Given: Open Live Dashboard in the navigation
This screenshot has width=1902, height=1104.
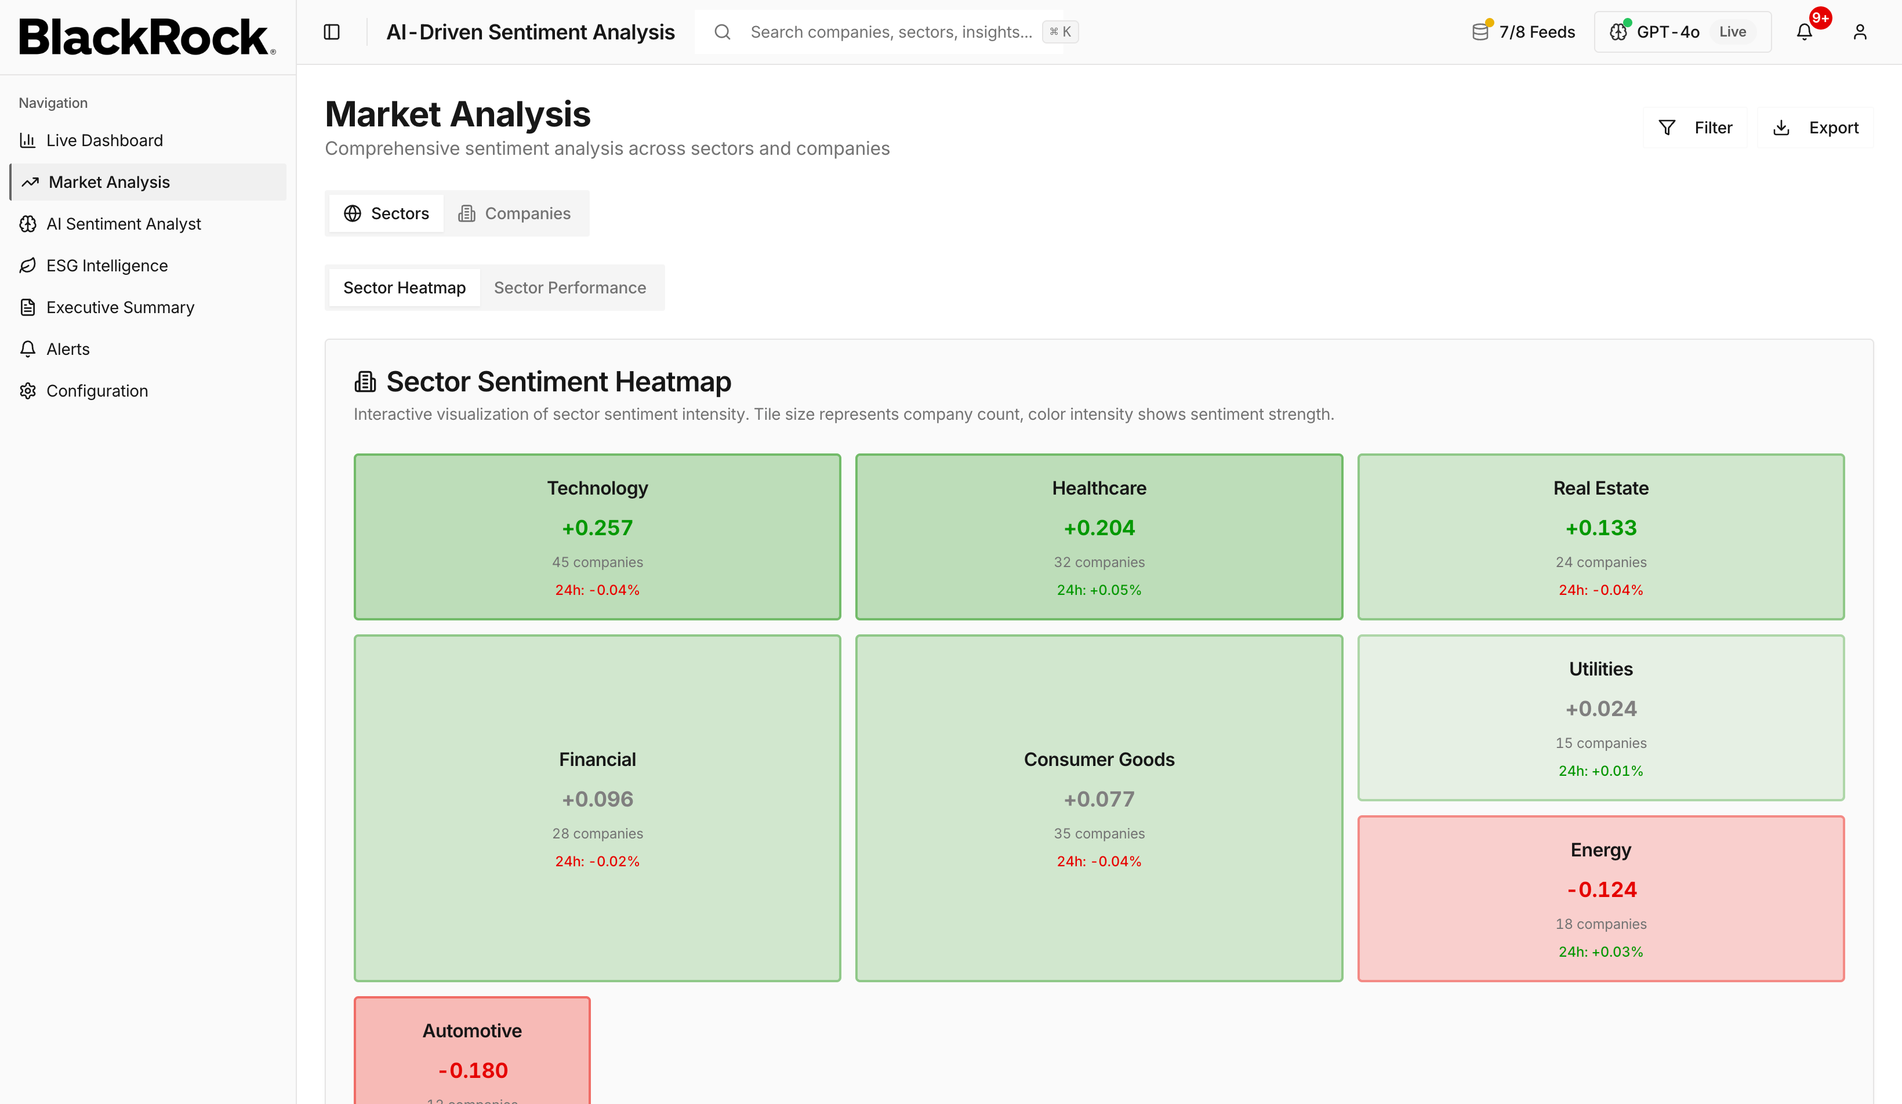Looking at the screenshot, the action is tap(104, 140).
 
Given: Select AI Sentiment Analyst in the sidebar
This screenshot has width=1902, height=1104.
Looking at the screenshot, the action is tap(123, 224).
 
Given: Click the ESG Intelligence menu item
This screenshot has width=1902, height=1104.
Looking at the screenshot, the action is tap(107, 266).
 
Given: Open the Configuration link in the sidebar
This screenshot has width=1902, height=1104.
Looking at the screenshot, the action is tap(97, 391).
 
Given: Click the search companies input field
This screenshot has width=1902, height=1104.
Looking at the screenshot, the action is tap(891, 32).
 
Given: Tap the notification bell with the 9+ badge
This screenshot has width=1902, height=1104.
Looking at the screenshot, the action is tap(1804, 32).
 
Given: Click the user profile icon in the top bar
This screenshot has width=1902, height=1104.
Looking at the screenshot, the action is tap(1860, 32).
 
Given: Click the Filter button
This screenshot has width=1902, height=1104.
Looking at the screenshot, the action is tap(1695, 128).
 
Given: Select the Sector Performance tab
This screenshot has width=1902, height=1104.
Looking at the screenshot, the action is tap(570, 288).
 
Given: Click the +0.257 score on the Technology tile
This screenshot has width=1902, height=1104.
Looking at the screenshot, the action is tap(598, 528).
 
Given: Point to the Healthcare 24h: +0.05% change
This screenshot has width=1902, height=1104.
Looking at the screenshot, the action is tap(1099, 590).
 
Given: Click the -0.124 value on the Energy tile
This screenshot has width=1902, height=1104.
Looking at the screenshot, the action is tap(1602, 889).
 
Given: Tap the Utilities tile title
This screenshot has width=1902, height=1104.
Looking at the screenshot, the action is tap(1601, 669).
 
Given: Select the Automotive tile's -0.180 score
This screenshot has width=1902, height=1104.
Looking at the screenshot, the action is tap(473, 1070).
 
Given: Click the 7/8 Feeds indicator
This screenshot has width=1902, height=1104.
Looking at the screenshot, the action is tap(1524, 32).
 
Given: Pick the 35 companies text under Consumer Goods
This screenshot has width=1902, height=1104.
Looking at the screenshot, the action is tap(1099, 833).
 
